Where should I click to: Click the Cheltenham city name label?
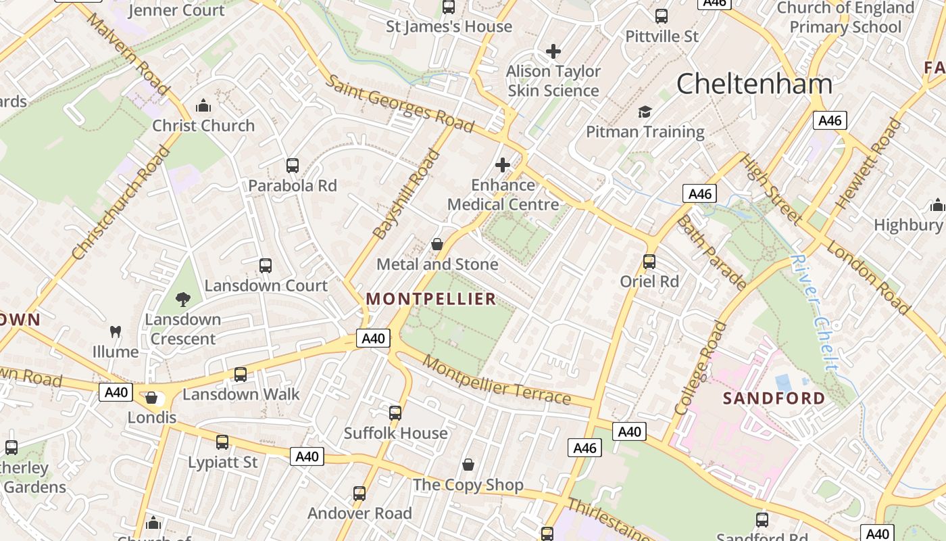tap(754, 84)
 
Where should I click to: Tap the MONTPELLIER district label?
tap(431, 299)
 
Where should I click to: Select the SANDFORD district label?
tap(774, 398)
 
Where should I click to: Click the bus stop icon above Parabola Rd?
tap(293, 166)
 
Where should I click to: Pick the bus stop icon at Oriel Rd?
tap(649, 261)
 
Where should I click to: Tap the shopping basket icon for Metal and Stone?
tap(437, 244)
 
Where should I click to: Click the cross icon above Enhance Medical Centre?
tap(503, 164)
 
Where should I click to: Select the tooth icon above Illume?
tap(116, 331)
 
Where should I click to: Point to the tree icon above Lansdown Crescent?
tap(182, 299)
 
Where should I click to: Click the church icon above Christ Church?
tap(203, 105)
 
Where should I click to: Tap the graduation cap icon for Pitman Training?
tap(645, 112)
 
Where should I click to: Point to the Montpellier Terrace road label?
tap(497, 381)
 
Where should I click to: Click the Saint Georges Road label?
tap(399, 103)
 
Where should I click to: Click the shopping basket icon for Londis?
tap(151, 398)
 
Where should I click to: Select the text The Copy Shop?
tap(468, 485)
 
